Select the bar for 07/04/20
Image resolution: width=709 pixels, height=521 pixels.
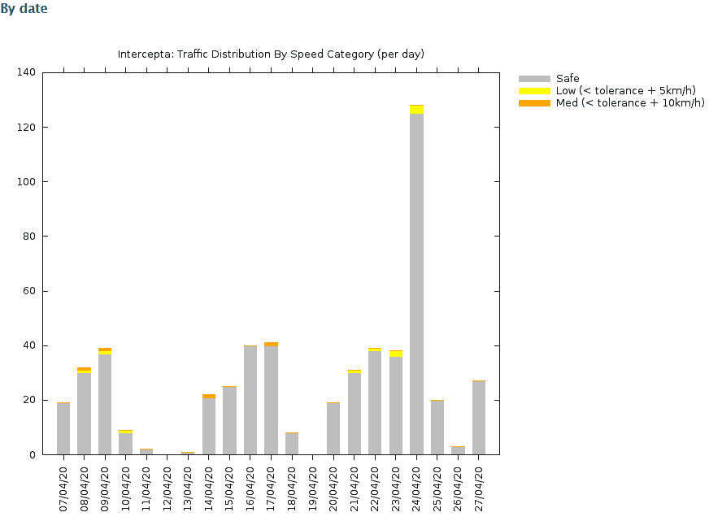coord(63,428)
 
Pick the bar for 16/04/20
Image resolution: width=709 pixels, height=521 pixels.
coord(250,400)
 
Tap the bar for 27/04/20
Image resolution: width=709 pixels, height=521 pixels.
coord(479,418)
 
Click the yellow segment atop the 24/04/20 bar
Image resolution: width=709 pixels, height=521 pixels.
coord(416,110)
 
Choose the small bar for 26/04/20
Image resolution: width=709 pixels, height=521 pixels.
coord(458,450)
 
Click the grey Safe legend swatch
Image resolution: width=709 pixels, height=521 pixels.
coord(534,79)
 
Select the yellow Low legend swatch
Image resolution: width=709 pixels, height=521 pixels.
coord(534,91)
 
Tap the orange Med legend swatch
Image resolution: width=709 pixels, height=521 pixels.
coord(534,103)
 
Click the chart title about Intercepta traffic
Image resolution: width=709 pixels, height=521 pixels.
coord(271,54)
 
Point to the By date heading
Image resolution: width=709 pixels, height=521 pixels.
coord(24,9)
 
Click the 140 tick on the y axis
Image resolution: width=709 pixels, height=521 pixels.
coord(26,72)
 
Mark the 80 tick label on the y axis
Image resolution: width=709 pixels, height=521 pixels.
coord(29,237)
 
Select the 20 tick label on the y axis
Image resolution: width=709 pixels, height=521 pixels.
coord(29,400)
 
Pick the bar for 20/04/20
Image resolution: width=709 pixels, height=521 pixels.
coord(333,428)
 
